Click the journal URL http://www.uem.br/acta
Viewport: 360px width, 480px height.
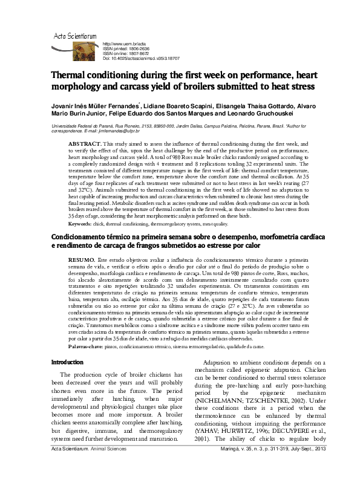(x=125, y=45)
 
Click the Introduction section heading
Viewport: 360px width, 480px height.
(x=67, y=362)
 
